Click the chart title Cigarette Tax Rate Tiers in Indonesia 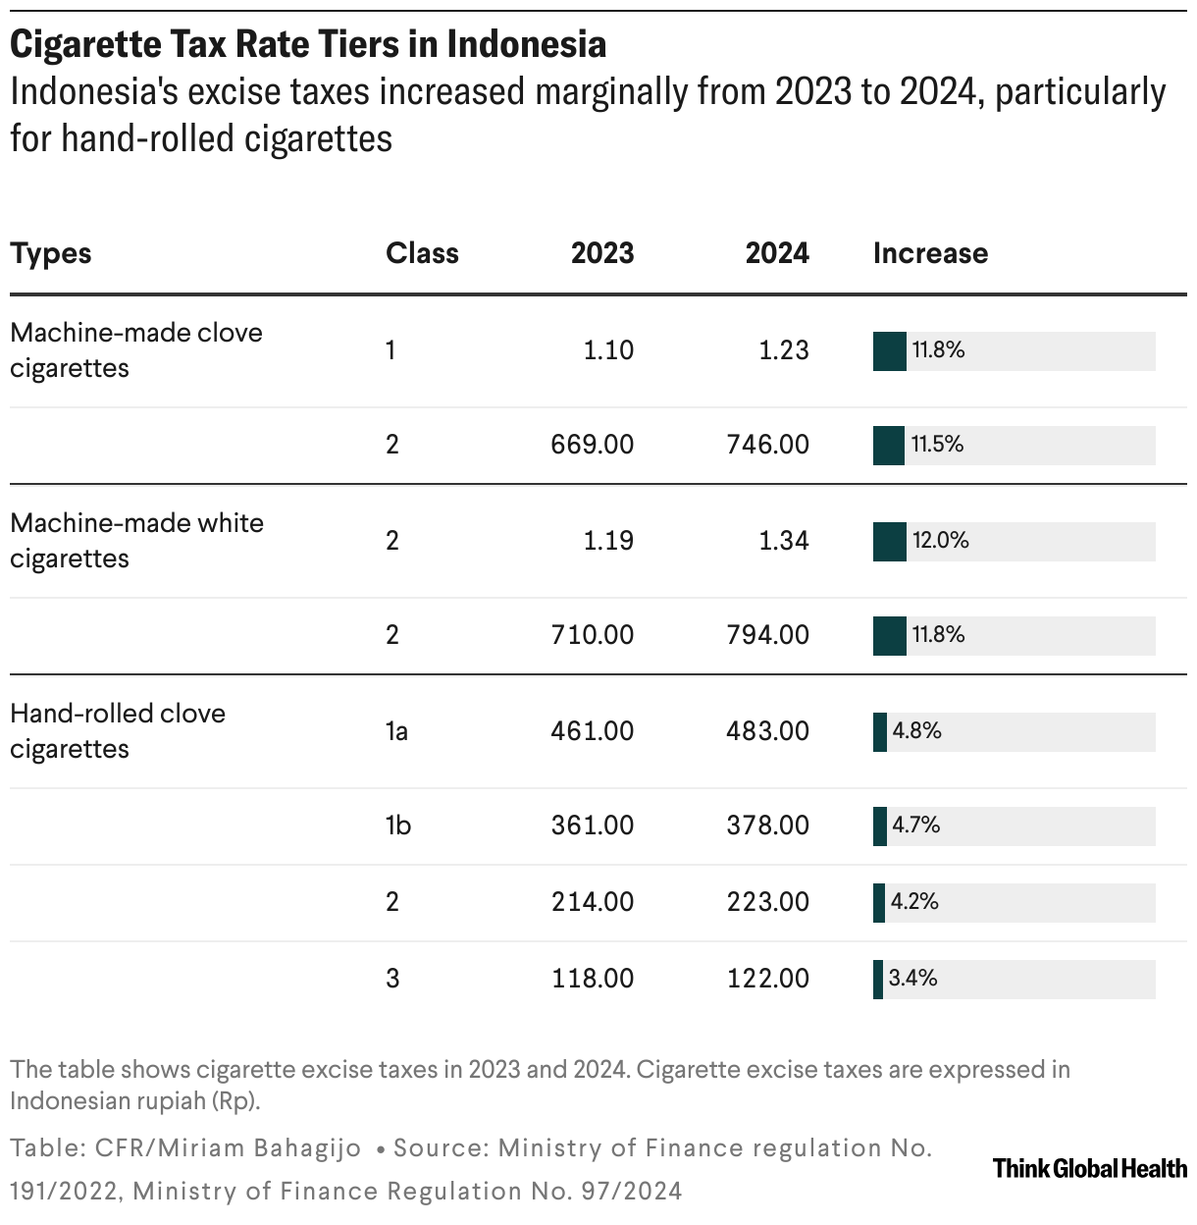pyautogui.click(x=308, y=44)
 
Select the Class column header pyautogui.click(x=422, y=253)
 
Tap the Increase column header pyautogui.click(x=930, y=253)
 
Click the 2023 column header pyautogui.click(x=602, y=253)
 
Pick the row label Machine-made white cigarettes pyautogui.click(x=136, y=540)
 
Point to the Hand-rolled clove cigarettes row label pyautogui.click(x=118, y=730)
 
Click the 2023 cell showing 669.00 pyautogui.click(x=592, y=445)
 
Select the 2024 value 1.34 pyautogui.click(x=783, y=540)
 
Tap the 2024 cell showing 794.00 pyautogui.click(x=768, y=635)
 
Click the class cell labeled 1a pyautogui.click(x=396, y=731)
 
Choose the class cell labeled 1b pyautogui.click(x=397, y=826)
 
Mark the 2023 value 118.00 pyautogui.click(x=592, y=979)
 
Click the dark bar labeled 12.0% pyautogui.click(x=889, y=542)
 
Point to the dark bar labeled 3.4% pyautogui.click(x=878, y=980)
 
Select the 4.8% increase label pyautogui.click(x=916, y=730)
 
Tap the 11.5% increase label pyautogui.click(x=937, y=445)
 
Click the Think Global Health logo pyautogui.click(x=1089, y=1168)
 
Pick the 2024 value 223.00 pyautogui.click(x=768, y=902)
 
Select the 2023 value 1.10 pyautogui.click(x=608, y=350)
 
